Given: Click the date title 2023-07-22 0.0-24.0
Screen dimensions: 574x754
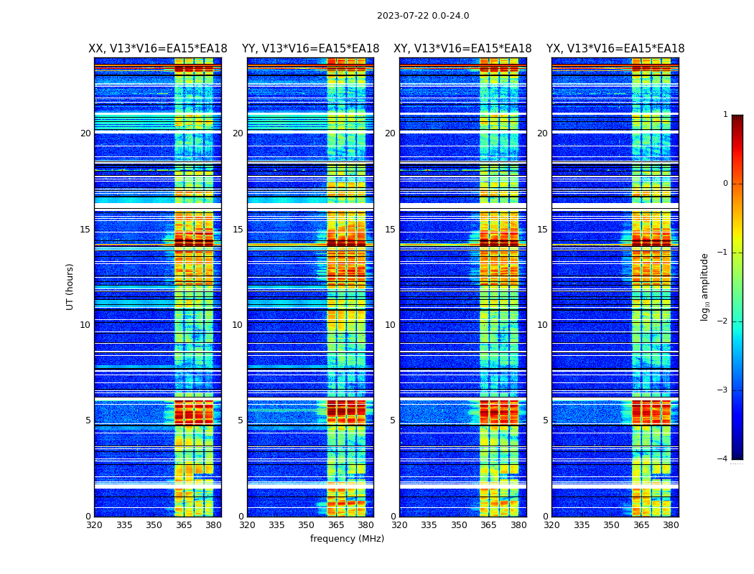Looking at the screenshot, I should pos(423,16).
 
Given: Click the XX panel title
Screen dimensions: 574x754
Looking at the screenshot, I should pos(158,49).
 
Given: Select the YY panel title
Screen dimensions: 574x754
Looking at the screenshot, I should pos(310,49).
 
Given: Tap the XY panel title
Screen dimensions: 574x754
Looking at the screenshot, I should pos(462,49).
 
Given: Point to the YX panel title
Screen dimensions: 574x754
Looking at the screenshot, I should pos(615,49).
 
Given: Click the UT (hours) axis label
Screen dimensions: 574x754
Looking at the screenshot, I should pos(70,286).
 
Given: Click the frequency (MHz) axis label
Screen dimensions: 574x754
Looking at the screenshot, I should pos(347,539).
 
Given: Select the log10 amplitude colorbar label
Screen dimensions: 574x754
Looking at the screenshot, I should pos(705,286).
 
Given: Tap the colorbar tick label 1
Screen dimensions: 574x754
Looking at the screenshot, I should pos(725,115).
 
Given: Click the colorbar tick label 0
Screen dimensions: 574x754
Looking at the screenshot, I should pos(725,184).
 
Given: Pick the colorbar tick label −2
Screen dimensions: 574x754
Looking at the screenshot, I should pos(723,321).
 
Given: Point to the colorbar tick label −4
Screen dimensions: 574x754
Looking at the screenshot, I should pos(723,459).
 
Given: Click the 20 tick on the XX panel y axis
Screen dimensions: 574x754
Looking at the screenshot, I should pos(85,133).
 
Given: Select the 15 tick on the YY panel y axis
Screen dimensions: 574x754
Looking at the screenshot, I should pos(238,230).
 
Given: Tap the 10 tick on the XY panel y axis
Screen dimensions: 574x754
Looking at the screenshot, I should pos(390,325).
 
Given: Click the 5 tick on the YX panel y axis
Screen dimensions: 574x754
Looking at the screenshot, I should pos(545,420).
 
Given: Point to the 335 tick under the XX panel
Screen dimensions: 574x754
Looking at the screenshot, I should pos(124,525).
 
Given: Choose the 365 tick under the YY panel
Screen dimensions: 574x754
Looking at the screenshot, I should pos(337,525).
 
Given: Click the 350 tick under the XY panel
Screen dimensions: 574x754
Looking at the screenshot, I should pos(459,525).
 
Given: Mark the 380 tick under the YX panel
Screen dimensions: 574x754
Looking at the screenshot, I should pos(671,525).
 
